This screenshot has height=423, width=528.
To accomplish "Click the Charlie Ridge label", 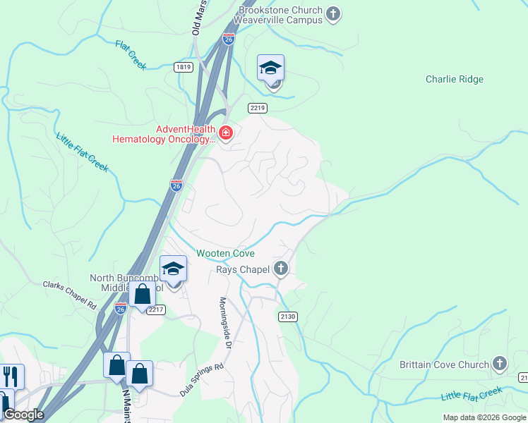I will [454, 79].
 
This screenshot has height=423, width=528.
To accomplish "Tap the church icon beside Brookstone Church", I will [334, 13].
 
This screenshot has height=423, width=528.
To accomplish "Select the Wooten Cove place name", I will [225, 253].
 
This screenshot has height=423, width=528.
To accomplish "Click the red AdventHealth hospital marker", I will [226, 133].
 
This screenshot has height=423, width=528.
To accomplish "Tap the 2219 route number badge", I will [257, 107].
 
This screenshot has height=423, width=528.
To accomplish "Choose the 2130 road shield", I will [287, 317].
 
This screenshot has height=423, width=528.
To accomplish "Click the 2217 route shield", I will [156, 309].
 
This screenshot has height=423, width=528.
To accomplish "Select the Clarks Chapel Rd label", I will [69, 295].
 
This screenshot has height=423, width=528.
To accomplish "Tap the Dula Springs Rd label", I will [201, 379].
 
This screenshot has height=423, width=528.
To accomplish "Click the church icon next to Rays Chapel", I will [281, 268].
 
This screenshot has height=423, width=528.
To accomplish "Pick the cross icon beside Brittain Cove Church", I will [500, 364].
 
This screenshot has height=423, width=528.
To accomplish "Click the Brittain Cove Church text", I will [445, 364].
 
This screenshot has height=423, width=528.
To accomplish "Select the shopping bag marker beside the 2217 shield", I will [143, 294].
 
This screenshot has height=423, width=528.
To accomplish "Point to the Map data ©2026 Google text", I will [484, 417].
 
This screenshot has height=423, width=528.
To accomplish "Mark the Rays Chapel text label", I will [241, 268].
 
